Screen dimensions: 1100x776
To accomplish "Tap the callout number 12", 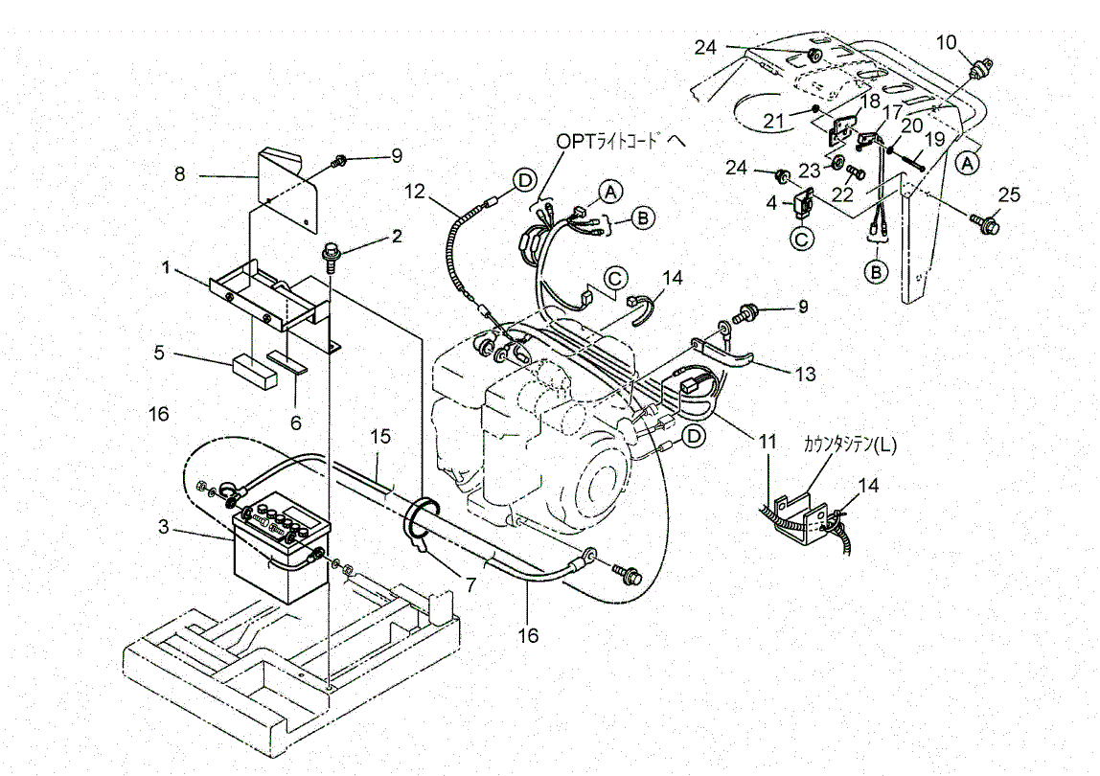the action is (415, 190).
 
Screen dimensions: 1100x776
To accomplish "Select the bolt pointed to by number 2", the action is (331, 257).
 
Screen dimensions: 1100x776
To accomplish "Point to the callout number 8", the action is (179, 173).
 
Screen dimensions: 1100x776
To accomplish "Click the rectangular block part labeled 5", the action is (255, 371).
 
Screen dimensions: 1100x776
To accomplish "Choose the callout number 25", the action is (1009, 194).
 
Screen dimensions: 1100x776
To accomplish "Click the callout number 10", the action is (947, 43).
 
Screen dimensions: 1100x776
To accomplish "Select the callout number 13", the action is (806, 374).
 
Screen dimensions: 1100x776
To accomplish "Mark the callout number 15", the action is (380, 437).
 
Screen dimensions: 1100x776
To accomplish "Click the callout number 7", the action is (470, 583).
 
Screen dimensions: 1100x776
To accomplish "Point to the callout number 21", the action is (773, 122).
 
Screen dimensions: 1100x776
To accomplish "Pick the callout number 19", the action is (935, 140).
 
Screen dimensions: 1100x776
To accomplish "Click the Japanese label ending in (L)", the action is (850, 445).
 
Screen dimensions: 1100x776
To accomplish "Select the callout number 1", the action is (167, 267).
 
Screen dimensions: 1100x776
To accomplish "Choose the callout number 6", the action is (296, 422).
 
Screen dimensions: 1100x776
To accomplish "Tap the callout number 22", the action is (843, 194).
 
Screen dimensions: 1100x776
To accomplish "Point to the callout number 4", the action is (771, 203).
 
